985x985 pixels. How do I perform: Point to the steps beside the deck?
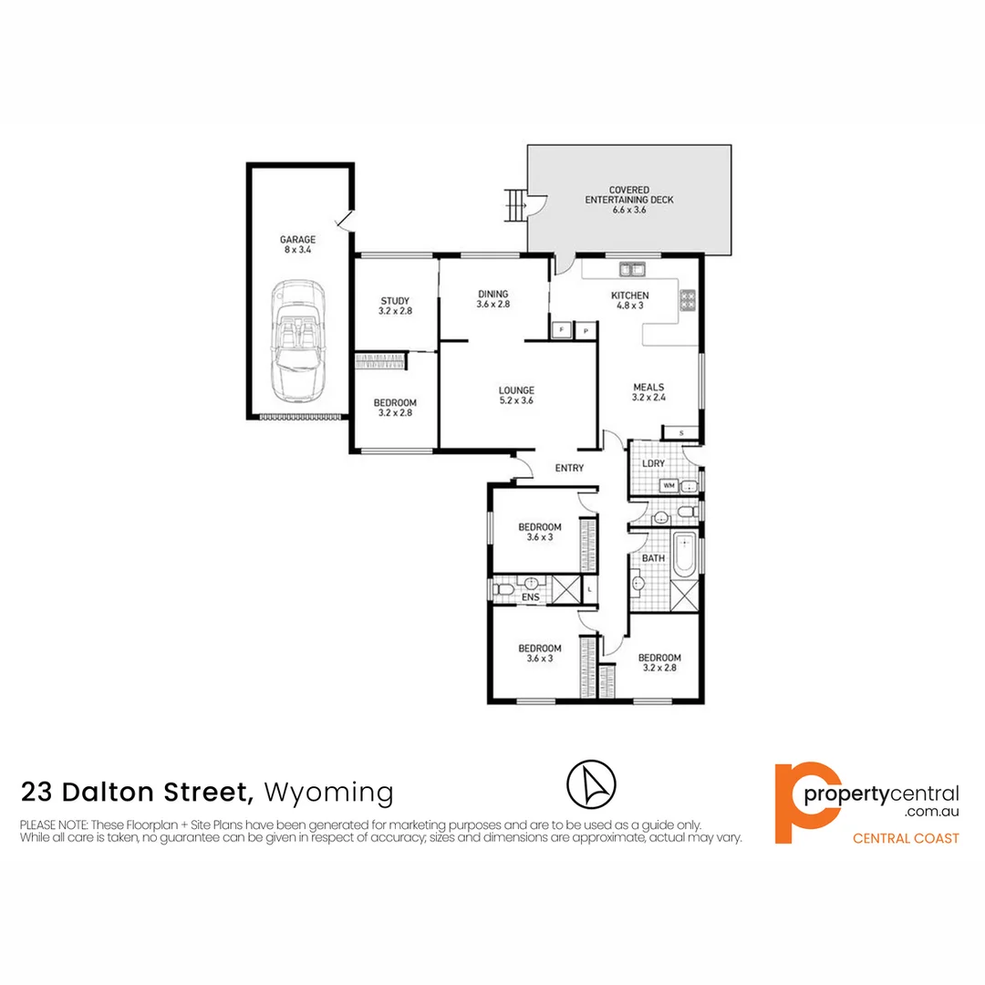[516, 205]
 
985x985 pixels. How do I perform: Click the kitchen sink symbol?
[631, 269]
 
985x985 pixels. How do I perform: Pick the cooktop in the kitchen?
[687, 298]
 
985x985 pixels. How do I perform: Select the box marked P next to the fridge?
[585, 329]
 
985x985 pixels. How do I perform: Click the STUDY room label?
[395, 306]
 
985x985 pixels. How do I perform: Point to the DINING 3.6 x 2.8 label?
[493, 299]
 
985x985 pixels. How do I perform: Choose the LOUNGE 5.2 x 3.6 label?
[516, 395]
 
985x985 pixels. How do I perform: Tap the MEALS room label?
[648, 391]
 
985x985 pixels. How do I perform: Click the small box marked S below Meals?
[679, 432]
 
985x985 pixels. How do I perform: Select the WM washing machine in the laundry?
[668, 485]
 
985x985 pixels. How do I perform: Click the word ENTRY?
[569, 468]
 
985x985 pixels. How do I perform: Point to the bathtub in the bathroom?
[683, 555]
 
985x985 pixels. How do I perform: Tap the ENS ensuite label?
[530, 598]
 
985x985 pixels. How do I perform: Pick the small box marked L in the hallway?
[590, 590]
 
